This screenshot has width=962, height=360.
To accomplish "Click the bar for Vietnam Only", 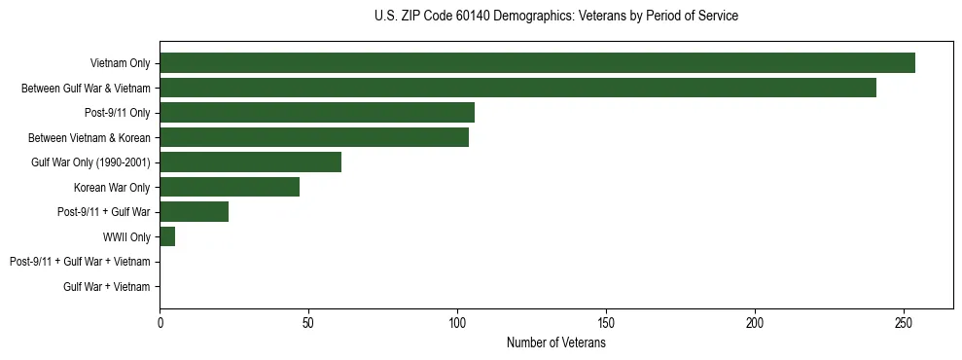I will (x=537, y=63).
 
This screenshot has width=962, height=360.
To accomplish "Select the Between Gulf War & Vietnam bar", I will (x=517, y=89).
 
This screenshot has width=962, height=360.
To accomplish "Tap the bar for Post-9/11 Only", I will (x=317, y=113).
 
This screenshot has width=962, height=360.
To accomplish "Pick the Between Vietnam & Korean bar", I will (x=314, y=138).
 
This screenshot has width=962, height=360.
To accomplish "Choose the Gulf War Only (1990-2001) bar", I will (x=250, y=162).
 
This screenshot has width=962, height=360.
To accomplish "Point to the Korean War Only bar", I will (x=230, y=187).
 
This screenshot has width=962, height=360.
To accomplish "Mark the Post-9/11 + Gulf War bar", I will (x=194, y=212).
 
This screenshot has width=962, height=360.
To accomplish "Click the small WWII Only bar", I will (x=167, y=236).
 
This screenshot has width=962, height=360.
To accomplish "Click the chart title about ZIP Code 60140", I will (x=555, y=17).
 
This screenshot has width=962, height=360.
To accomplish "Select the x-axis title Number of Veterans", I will (x=555, y=343).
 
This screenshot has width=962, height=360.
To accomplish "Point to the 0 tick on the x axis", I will (x=160, y=322).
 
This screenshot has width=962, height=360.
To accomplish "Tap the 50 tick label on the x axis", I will (x=308, y=322).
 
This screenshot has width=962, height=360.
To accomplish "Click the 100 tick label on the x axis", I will (x=457, y=322).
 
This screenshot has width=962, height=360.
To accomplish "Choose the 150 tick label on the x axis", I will (x=606, y=322).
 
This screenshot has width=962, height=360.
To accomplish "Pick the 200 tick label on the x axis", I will (x=755, y=322).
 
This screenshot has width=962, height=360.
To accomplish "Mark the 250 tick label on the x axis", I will (x=904, y=322).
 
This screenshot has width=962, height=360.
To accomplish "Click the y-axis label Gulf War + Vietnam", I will (x=106, y=286).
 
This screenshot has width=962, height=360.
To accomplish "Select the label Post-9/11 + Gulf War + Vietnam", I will (x=80, y=262).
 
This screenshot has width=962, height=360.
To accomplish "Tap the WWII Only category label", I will (x=125, y=236).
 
